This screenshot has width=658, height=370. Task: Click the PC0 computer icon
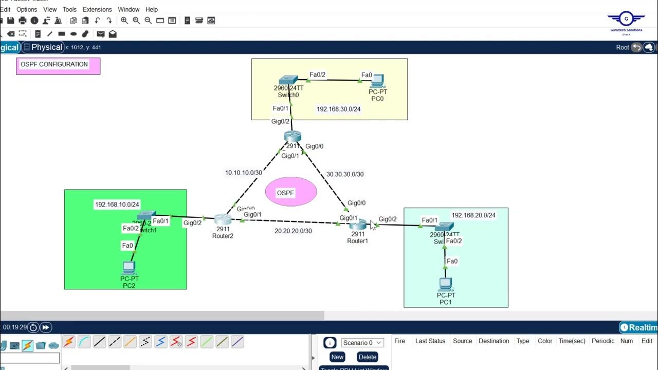pos(378,80)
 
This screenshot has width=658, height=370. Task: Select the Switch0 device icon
pos(288,80)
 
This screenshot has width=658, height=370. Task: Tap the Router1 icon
pos(358,225)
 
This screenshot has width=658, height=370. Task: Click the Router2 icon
pos(223,219)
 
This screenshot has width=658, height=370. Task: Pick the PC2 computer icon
pos(129,267)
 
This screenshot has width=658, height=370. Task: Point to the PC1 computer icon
pos(445,284)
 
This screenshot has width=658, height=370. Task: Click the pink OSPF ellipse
pos(291,192)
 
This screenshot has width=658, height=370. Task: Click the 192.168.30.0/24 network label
pos(338,109)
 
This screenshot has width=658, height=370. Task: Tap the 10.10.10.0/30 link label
pos(244,173)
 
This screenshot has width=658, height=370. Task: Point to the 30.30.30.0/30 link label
pos(345,174)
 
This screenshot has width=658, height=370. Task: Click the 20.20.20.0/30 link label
pos(293,231)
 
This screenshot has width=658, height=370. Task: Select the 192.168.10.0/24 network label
pos(117,205)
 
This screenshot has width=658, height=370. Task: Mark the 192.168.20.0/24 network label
pos(473,215)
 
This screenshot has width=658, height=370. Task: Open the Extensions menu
pos(97,9)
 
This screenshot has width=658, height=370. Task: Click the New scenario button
pos(337,357)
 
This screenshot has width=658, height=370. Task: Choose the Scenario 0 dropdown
pos(362,343)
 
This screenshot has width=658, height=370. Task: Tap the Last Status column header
pos(430,341)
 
